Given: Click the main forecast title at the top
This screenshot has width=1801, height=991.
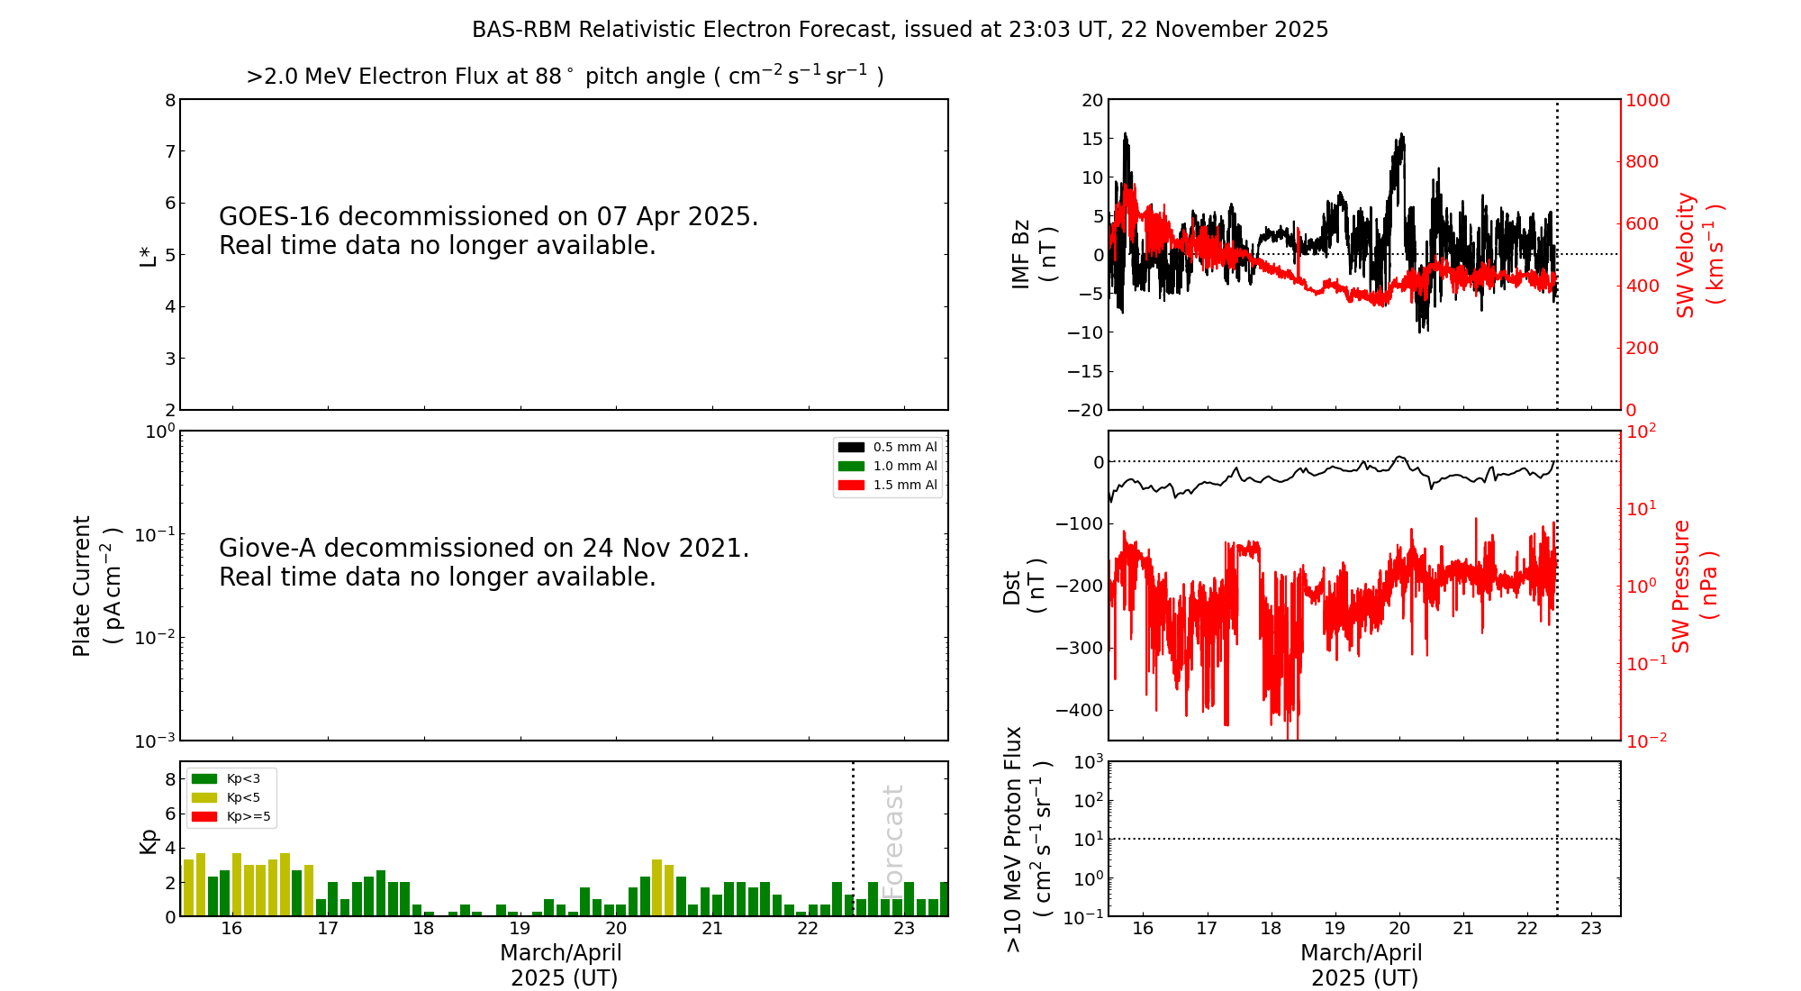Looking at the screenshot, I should (x=900, y=30).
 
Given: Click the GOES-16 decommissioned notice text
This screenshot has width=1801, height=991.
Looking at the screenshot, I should (x=488, y=231).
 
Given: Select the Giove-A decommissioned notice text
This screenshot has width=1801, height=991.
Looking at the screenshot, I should (x=484, y=562).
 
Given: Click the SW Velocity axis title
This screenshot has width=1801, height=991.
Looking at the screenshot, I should (x=1698, y=255).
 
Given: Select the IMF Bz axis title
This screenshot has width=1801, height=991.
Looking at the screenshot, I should (x=1033, y=254).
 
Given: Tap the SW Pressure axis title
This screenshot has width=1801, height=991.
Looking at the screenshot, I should (x=1694, y=586).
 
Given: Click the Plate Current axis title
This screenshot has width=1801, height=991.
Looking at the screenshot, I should (x=95, y=586).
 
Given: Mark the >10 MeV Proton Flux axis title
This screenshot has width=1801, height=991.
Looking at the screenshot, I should (x=1027, y=839).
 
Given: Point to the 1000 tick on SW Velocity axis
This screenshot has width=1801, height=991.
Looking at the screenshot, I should (x=1647, y=100).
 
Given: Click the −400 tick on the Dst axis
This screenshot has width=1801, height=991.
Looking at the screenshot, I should (x=1079, y=710).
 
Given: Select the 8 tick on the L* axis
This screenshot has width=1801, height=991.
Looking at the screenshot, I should (x=170, y=100).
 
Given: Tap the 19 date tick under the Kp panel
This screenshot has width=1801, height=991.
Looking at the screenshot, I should (x=520, y=929).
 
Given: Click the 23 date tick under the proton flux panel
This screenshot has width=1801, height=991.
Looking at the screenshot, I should (x=1591, y=929).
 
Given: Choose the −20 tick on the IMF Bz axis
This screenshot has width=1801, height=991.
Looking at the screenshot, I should (x=1085, y=410).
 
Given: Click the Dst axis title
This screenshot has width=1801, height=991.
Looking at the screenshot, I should (x=1024, y=586).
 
